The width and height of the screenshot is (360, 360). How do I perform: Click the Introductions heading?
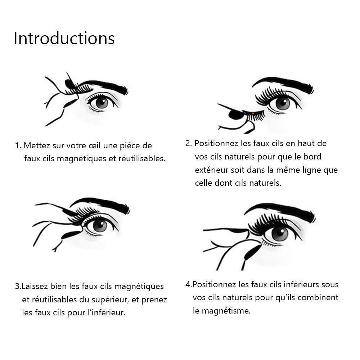tap(64, 39)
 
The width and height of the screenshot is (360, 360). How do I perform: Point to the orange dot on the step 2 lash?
tap(253, 113)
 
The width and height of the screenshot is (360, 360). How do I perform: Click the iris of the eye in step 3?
tap(100, 225)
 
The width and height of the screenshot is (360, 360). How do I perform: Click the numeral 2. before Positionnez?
tap(189, 143)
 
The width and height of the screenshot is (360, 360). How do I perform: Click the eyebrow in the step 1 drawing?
tap(104, 86)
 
